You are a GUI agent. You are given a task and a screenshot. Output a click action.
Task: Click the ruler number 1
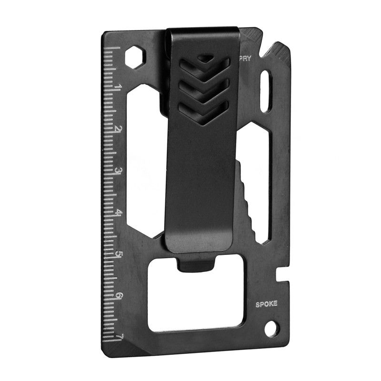coord(117,87)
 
